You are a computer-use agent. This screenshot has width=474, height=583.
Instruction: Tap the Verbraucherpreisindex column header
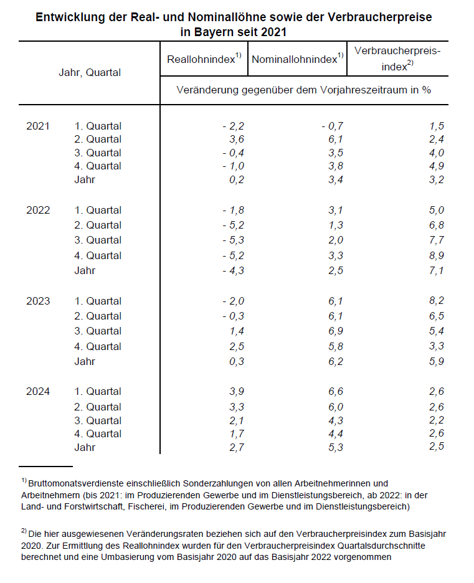click(397, 58)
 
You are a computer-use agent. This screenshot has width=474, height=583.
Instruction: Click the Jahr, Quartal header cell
click(90, 72)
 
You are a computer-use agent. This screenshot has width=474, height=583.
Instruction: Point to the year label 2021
click(38, 126)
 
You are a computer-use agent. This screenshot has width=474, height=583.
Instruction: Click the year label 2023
click(38, 301)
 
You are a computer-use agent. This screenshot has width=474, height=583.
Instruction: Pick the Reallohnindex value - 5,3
click(231, 240)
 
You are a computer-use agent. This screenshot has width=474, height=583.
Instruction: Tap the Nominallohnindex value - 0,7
click(330, 126)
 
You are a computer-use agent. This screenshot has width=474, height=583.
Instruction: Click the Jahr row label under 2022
click(85, 270)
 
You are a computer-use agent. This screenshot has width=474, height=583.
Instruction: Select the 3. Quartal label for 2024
click(98, 420)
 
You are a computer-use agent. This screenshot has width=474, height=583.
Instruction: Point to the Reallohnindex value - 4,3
click(231, 270)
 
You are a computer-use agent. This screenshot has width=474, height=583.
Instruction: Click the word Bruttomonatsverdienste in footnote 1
click(80, 483)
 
